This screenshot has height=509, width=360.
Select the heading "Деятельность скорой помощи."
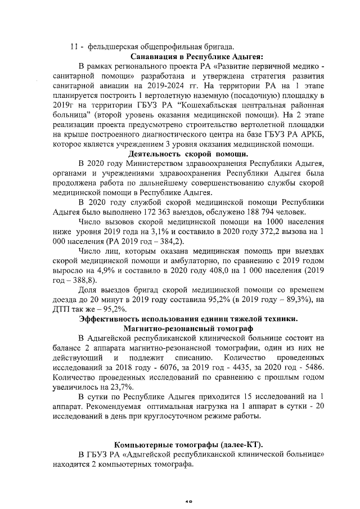click(x=188, y=154)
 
